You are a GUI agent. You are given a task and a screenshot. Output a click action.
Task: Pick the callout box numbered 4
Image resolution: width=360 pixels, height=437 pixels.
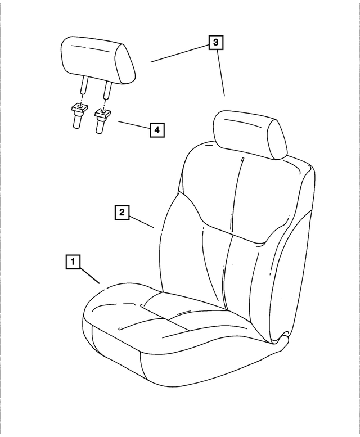[157, 130]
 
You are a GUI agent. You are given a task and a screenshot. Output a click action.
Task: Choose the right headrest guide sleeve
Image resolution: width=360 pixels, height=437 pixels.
[101, 120]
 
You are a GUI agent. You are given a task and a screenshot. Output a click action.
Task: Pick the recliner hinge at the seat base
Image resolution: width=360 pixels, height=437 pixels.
[281, 340]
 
